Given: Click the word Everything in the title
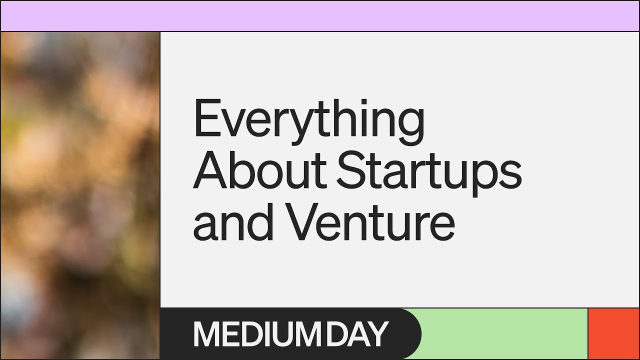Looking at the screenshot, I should (308, 120).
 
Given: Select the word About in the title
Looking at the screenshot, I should (260, 170).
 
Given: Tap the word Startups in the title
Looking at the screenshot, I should (429, 170).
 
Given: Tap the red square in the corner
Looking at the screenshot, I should (613, 333).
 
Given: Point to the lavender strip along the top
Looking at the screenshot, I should (320, 16).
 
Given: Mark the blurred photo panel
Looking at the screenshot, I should (80, 195).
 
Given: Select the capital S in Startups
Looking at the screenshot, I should (350, 170).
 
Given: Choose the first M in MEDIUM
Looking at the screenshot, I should (205, 334).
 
